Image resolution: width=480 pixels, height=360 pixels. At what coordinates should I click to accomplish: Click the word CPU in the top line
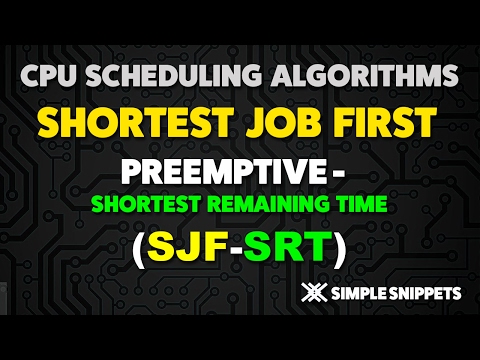47,74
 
